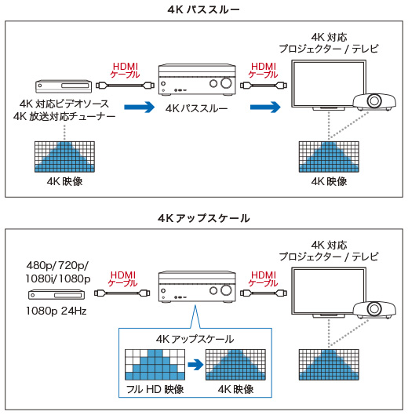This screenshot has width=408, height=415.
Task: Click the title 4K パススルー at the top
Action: click(203, 9)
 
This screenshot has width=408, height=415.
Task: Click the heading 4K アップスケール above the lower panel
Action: click(203, 218)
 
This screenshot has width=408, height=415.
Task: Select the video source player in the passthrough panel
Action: click(64, 86)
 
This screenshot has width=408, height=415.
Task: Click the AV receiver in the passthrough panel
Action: click(197, 79)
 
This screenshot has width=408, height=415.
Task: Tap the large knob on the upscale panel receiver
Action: click(226, 290)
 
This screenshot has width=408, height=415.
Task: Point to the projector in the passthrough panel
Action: click(374, 102)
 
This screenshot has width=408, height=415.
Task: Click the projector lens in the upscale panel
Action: click(374, 308)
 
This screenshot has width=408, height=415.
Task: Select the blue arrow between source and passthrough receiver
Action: click(139, 107)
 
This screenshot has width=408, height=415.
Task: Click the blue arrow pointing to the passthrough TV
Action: click(265, 107)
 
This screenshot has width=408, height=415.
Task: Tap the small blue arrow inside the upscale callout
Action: click(195, 365)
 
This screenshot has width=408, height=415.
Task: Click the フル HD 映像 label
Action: click(155, 389)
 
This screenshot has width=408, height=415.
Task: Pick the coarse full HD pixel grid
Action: click(155, 365)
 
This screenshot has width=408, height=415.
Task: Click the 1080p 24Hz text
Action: click(56, 311)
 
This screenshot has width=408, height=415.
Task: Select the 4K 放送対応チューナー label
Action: click(64, 116)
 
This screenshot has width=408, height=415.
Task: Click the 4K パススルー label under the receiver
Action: click(196, 108)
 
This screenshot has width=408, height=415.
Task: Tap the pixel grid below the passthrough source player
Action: click(64, 157)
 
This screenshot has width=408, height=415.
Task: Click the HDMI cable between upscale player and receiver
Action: click(122, 293)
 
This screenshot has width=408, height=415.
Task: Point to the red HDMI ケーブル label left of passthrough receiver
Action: click(126, 70)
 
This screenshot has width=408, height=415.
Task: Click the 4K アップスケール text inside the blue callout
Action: click(195, 339)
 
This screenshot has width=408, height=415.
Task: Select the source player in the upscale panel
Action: click(56, 294)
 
